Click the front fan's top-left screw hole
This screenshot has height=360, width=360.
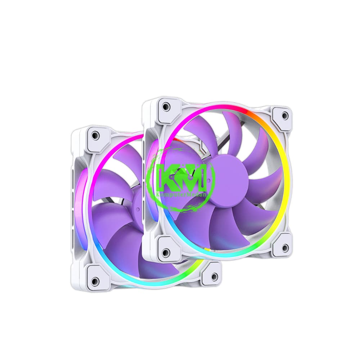click(x=166, y=107)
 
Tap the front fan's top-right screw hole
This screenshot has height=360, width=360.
click(x=285, y=116)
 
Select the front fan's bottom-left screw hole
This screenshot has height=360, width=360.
click(x=166, y=251)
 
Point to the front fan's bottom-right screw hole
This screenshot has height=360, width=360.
click(x=285, y=248)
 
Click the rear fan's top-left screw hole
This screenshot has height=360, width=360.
click(x=95, y=135)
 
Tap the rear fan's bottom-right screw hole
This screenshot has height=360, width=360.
click(x=215, y=276)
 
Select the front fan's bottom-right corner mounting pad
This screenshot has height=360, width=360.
click(x=282, y=246)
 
